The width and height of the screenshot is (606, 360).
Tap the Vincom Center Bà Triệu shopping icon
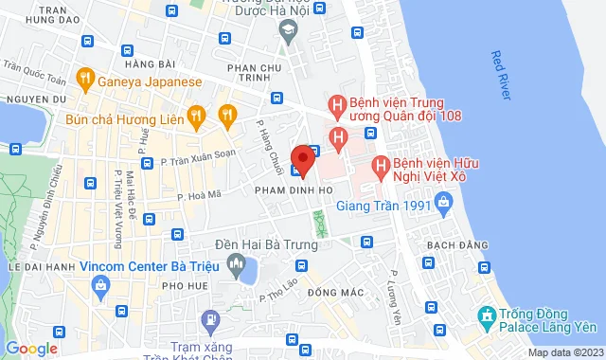click(100, 284)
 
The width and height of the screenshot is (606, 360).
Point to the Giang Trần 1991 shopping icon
click(442, 201)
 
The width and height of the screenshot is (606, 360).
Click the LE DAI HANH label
click(34, 268)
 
